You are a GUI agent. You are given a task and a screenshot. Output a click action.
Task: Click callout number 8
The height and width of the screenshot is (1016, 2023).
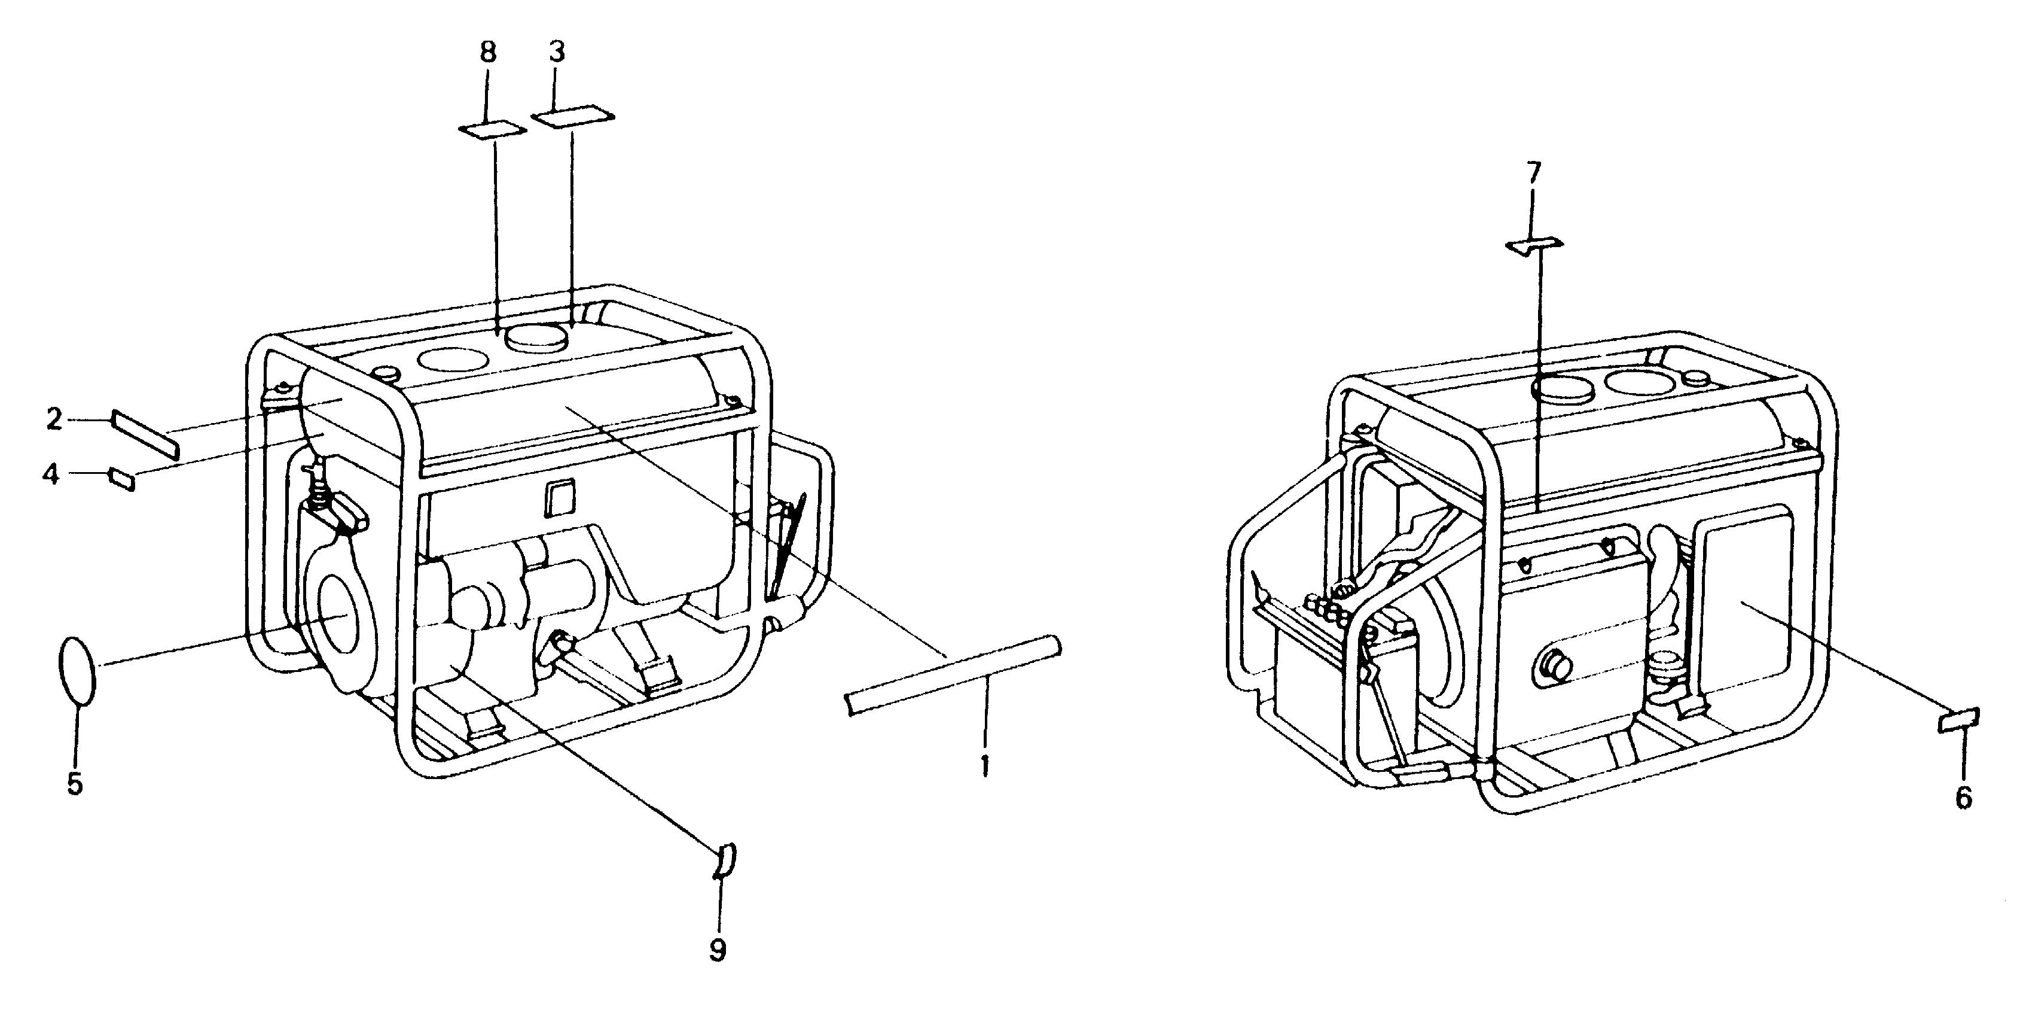(x=488, y=53)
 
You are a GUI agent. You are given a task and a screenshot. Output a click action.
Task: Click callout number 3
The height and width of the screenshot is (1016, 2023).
(x=556, y=53)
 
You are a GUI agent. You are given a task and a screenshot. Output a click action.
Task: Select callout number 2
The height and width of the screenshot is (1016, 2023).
(x=53, y=419)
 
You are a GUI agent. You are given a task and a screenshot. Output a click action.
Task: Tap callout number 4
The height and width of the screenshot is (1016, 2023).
(x=51, y=474)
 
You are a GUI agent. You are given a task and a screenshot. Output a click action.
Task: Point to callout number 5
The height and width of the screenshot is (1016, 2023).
(x=75, y=783)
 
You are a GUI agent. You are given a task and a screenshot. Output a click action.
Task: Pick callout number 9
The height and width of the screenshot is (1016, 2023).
(x=717, y=950)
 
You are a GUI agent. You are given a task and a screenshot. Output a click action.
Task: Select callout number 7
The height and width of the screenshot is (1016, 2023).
(x=1534, y=172)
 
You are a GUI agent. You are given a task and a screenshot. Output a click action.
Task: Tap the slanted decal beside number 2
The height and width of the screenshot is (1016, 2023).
(x=146, y=434)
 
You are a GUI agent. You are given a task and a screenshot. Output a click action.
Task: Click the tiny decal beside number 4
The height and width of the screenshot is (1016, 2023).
(x=123, y=479)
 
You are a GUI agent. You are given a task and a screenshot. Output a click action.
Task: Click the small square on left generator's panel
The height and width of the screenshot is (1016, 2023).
(x=560, y=498)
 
